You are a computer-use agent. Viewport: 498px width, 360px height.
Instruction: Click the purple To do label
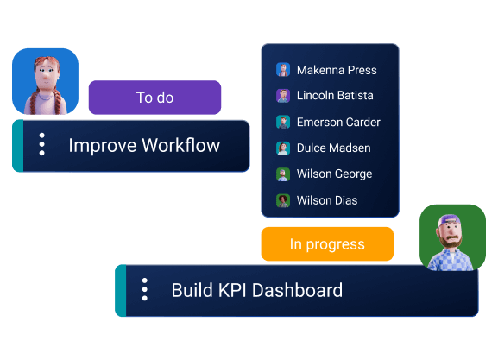154,98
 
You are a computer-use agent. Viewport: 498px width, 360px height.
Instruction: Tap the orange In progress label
327,244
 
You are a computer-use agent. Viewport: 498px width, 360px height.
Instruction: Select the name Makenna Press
337,70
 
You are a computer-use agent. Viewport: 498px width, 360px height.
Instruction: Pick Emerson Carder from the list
338,122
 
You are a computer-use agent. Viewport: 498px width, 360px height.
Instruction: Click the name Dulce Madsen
334,148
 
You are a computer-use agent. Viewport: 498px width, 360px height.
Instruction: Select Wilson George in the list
334,174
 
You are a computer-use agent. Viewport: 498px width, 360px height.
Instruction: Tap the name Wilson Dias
327,200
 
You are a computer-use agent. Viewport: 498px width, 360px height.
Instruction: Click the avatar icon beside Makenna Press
282,70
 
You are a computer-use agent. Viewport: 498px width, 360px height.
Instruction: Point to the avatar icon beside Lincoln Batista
282,96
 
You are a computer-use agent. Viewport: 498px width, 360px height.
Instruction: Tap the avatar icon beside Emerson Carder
282,122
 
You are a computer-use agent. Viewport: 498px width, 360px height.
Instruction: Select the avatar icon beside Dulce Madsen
282,148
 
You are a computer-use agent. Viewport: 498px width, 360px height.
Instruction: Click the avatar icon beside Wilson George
282,174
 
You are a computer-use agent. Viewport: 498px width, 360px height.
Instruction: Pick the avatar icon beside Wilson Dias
282,200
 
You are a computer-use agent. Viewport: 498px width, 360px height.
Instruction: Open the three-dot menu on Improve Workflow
41,145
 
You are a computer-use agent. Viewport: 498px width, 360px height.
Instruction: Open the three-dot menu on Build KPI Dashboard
144,290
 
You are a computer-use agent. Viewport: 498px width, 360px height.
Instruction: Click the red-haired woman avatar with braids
45,82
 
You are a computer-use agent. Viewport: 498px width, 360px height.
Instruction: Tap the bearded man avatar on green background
452,237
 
